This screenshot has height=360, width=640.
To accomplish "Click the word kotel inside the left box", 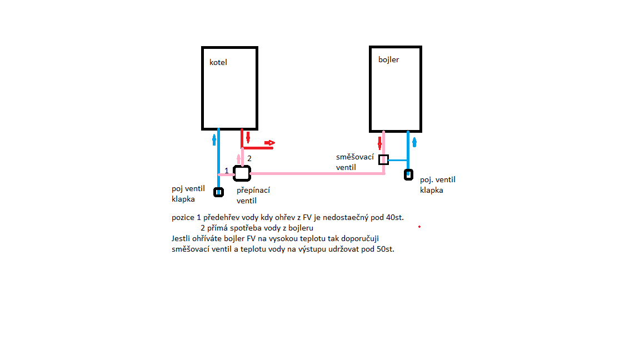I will point(218,62).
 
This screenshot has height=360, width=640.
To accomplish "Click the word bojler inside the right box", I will point(389,59).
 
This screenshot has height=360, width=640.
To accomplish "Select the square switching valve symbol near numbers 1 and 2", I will point(242,173).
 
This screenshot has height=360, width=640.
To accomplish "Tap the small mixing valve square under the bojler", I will point(383,160).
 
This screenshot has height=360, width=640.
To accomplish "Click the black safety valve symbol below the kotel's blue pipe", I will point(219,192).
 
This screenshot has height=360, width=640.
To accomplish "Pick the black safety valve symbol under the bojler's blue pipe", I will point(408,174).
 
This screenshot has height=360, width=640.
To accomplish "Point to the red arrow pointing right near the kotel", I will point(269,143).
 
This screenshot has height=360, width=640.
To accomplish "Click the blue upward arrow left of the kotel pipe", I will point(213,139).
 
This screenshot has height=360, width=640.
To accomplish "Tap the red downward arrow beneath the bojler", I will point(380,143).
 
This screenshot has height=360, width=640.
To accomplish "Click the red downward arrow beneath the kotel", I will point(248,138).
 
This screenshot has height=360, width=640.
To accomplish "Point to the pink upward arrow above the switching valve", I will point(239,158).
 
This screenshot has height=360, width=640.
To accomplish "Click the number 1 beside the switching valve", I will point(227,171).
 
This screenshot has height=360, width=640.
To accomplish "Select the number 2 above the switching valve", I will point(249,158).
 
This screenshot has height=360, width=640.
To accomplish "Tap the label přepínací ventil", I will point(253,195).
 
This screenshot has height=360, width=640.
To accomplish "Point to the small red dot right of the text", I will point(419,227).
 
